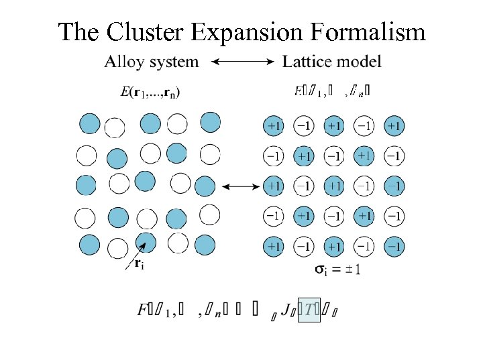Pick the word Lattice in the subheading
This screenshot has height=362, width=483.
click(x=305, y=63)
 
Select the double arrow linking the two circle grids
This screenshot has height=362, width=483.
click(x=241, y=186)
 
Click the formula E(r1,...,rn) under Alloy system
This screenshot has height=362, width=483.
click(x=154, y=92)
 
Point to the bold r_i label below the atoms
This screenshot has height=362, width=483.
click(x=139, y=263)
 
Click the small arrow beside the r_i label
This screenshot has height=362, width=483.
click(x=131, y=257)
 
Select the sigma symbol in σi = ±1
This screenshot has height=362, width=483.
click(x=323, y=269)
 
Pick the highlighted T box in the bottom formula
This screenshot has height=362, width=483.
click(x=309, y=310)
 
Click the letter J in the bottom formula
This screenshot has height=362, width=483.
click(x=286, y=310)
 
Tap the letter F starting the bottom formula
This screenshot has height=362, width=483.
click(x=143, y=310)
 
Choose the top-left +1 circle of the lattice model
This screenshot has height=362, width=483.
click(x=274, y=125)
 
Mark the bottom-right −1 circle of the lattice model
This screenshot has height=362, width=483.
click(x=394, y=246)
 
